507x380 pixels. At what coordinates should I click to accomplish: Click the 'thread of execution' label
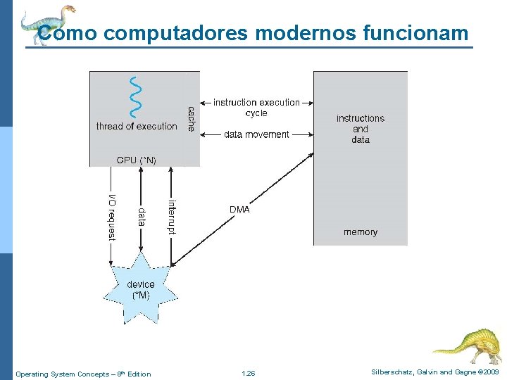pos(137,127)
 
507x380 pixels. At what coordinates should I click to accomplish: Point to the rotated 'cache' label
pos(191,119)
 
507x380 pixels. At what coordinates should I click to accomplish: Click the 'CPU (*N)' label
pos(136,160)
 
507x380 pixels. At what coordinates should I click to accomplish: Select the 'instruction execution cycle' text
pos(256,108)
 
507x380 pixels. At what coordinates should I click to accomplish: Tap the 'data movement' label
pos(256,134)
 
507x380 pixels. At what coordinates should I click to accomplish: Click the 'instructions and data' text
pos(360,129)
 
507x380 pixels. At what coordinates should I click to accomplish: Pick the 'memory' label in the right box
pos(360,232)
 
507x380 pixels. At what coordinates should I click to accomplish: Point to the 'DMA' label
pos(239,210)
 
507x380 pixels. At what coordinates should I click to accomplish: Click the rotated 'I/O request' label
pos(111,217)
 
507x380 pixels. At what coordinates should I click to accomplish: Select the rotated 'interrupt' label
pos(171,216)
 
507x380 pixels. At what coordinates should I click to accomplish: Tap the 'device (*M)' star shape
pos(141,289)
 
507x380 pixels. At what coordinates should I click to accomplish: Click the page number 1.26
pos(248,374)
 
